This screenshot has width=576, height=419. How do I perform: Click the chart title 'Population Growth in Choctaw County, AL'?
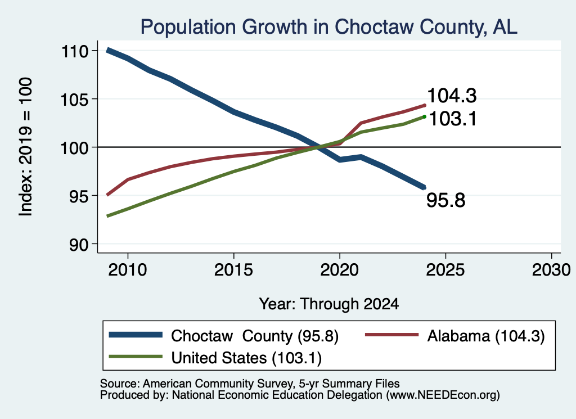click(x=328, y=27)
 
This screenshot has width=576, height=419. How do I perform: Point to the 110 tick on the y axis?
click(x=75, y=51)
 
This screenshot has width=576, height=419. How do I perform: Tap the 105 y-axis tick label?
click(x=75, y=100)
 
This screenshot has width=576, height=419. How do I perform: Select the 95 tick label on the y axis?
click(x=79, y=196)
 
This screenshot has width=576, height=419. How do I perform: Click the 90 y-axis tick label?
click(x=79, y=245)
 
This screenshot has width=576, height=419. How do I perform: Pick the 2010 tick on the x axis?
click(x=128, y=270)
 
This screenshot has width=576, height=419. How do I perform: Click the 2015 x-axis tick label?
click(x=233, y=270)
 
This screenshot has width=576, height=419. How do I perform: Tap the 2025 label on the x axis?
click(x=445, y=270)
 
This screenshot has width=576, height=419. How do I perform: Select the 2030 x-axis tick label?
click(x=551, y=270)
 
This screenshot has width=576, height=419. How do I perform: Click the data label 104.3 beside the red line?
click(x=452, y=96)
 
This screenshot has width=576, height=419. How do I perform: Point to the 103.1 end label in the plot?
click(x=453, y=119)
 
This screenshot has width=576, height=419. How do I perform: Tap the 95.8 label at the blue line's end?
click(x=446, y=201)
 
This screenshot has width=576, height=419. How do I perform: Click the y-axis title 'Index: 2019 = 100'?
click(x=26, y=147)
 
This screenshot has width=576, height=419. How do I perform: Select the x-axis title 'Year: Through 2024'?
click(x=328, y=304)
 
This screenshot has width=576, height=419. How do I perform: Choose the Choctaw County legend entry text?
click(x=255, y=336)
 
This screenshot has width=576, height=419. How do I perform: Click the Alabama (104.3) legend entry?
click(x=486, y=336)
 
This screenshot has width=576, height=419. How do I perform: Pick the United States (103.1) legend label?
click(x=246, y=358)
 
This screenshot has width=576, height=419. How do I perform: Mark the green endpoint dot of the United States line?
click(x=424, y=117)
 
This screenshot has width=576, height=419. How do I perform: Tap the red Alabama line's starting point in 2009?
click(x=107, y=195)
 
